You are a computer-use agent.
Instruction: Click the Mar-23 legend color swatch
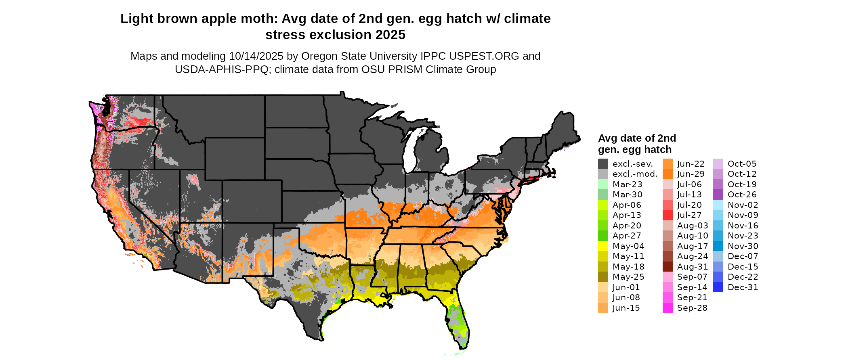tap(603, 184)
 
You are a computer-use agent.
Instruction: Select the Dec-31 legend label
tap(743, 287)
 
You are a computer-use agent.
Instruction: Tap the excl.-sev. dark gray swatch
tap(603, 164)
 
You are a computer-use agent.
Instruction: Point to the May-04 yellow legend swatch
tap(603, 246)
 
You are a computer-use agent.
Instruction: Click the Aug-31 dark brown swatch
tap(667, 267)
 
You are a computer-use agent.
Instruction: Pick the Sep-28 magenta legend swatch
tap(667, 308)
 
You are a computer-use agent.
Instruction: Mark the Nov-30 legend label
tap(743, 246)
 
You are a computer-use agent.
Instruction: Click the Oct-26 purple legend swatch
tap(718, 195)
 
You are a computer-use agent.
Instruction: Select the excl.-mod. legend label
tap(635, 174)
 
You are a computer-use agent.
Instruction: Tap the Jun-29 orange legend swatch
tap(667, 174)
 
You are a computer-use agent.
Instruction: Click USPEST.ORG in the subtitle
tap(484, 56)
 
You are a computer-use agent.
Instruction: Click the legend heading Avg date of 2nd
tap(637, 138)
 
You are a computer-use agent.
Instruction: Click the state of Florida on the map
tap(458, 323)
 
